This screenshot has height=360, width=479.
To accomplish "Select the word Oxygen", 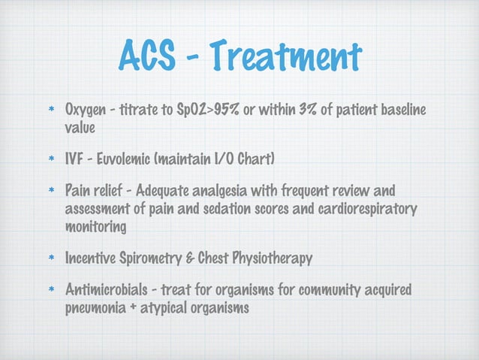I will (86, 111).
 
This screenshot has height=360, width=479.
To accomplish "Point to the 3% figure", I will (306, 111).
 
